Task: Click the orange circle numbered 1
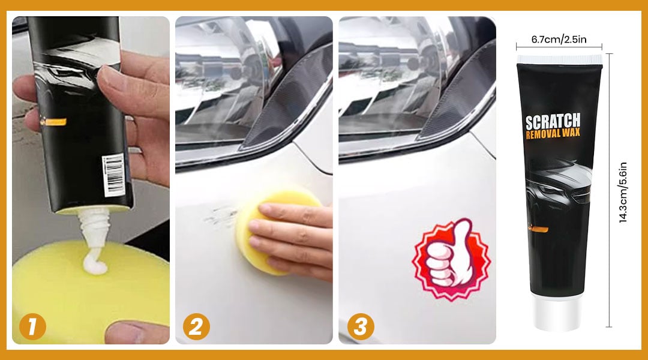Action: pos(32,327)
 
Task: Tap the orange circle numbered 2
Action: pos(196,327)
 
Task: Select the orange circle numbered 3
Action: pos(361,327)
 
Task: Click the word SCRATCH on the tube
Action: pos(553,122)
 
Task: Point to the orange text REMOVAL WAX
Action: pos(553,134)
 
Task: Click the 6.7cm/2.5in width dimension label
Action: pos(559,39)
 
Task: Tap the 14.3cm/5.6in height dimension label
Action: pos(623,192)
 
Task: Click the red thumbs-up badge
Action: pos(451,259)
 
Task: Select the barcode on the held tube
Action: pos(113,175)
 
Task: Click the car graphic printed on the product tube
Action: pos(559,182)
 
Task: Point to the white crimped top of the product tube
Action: pos(560,59)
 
